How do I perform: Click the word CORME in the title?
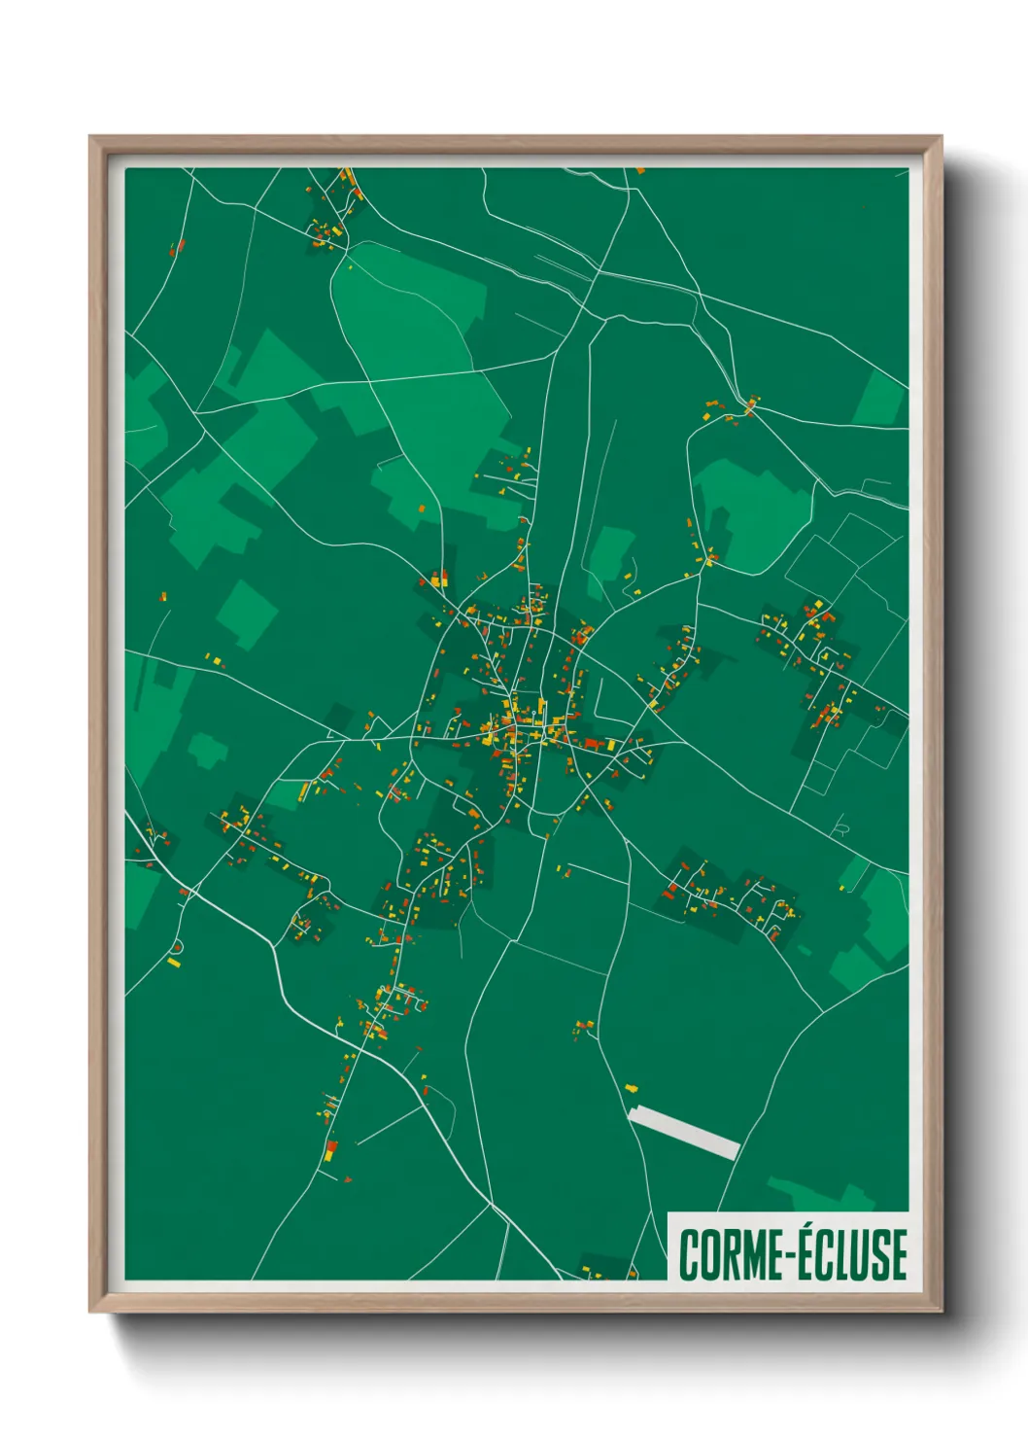click(x=729, y=1254)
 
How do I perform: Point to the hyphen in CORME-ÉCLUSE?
click(x=790, y=1255)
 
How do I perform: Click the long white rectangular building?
click(x=684, y=1133)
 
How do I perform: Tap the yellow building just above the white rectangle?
click(x=632, y=1089)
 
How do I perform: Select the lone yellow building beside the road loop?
click(x=174, y=963)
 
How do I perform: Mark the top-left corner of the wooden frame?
click(x=91, y=137)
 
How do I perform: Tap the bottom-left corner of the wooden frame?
click(x=91, y=1311)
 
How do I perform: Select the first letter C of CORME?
click(x=689, y=1254)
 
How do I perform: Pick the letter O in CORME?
click(x=708, y=1254)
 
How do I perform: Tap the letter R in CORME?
click(x=729, y=1254)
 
